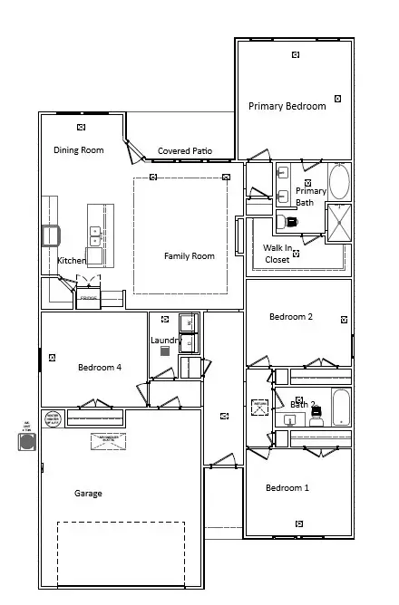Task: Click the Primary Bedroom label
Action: (x=287, y=106)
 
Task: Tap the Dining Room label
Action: (x=78, y=150)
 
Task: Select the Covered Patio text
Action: (x=184, y=151)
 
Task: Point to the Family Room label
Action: (x=189, y=256)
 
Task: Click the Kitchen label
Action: (x=72, y=261)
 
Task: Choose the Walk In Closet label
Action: (x=277, y=254)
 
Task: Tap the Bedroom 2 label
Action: (x=291, y=317)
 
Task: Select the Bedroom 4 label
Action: (x=100, y=367)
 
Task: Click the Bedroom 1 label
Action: (x=287, y=488)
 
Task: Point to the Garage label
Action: (x=88, y=494)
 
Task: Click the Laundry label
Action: (x=166, y=340)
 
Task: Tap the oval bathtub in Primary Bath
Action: (x=338, y=181)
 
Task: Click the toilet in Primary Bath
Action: (x=291, y=221)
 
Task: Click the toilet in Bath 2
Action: (x=316, y=418)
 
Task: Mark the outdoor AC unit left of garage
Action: (x=26, y=442)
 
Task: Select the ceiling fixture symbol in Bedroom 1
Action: (x=298, y=523)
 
